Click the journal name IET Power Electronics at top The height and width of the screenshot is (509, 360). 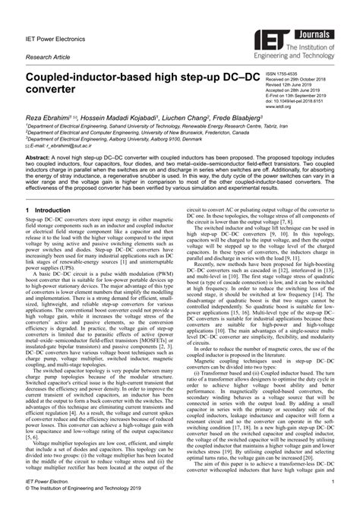[x=52, y=33]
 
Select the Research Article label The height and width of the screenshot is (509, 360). [x=46, y=57]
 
